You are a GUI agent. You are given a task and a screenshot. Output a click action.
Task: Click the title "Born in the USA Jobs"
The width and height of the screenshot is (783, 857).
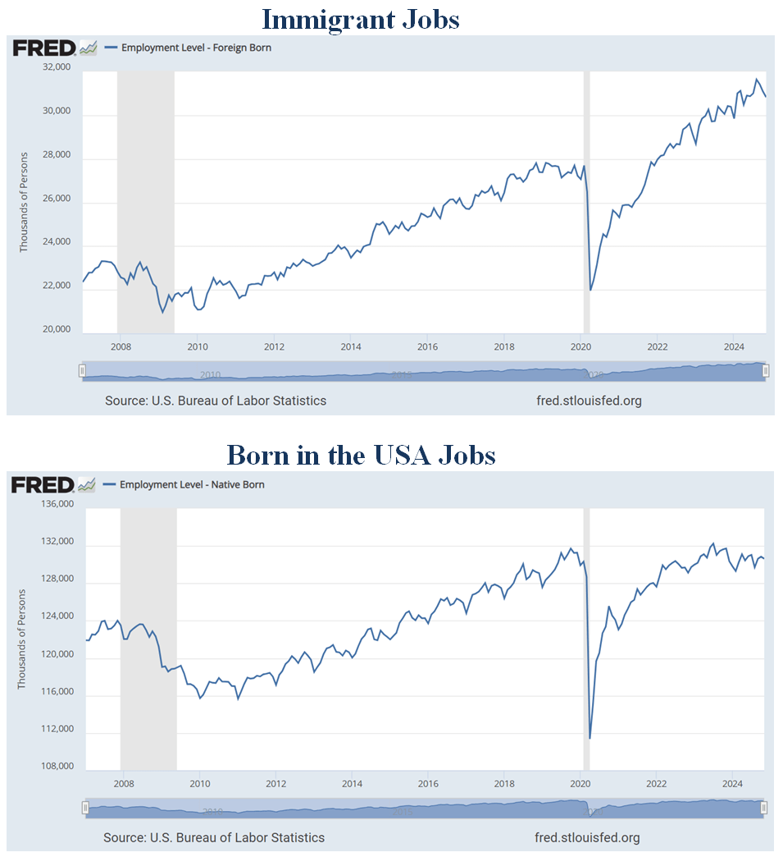click(x=361, y=454)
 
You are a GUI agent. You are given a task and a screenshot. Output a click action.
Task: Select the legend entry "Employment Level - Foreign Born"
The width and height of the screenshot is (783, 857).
click(x=196, y=48)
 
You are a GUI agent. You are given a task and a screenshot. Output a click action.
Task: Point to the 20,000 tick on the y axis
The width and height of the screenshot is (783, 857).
click(x=55, y=330)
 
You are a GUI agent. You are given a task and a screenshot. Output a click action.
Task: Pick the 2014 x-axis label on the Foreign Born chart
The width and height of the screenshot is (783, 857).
click(x=350, y=346)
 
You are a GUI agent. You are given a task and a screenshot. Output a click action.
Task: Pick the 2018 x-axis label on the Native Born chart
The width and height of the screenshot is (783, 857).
click(x=505, y=783)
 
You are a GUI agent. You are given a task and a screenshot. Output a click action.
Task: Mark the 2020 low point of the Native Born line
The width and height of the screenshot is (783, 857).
click(x=590, y=738)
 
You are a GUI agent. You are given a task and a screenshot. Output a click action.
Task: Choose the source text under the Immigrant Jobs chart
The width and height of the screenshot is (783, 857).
click(x=216, y=401)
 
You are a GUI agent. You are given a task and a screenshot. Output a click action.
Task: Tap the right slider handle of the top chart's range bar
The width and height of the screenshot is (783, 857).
click(x=766, y=371)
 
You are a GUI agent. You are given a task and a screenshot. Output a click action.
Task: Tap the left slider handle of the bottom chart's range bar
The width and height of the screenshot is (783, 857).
click(x=85, y=808)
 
